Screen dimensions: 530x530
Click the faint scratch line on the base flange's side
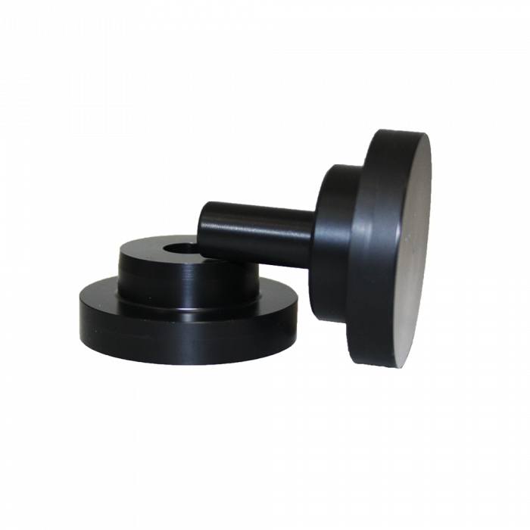(121, 331)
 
